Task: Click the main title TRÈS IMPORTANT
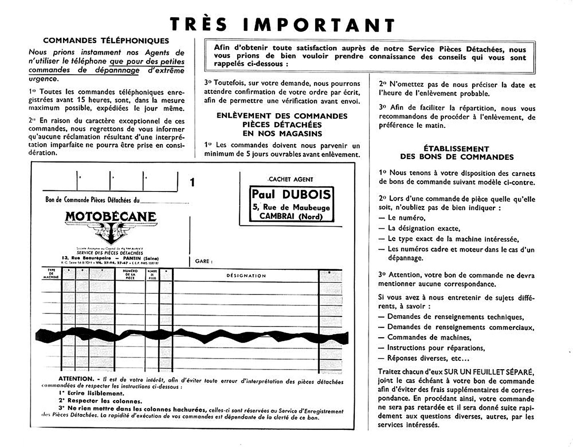coord(282,25)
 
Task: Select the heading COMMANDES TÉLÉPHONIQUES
coord(106,41)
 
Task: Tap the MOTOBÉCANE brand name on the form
coord(110,216)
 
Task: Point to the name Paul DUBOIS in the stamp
coord(291,194)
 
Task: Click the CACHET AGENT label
coord(291,179)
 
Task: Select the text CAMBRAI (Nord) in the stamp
coord(291,216)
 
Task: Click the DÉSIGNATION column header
coord(246,276)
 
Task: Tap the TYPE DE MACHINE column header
coord(51,274)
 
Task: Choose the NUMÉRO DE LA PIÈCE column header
coord(130,274)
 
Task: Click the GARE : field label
coord(204,261)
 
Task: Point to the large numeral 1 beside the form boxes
coord(192,182)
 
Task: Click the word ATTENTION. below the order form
coord(76,379)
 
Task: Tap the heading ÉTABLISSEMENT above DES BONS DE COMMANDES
coord(456,149)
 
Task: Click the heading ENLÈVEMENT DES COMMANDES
coord(282,116)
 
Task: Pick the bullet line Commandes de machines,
coord(429,337)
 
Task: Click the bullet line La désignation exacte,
coord(424,228)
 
